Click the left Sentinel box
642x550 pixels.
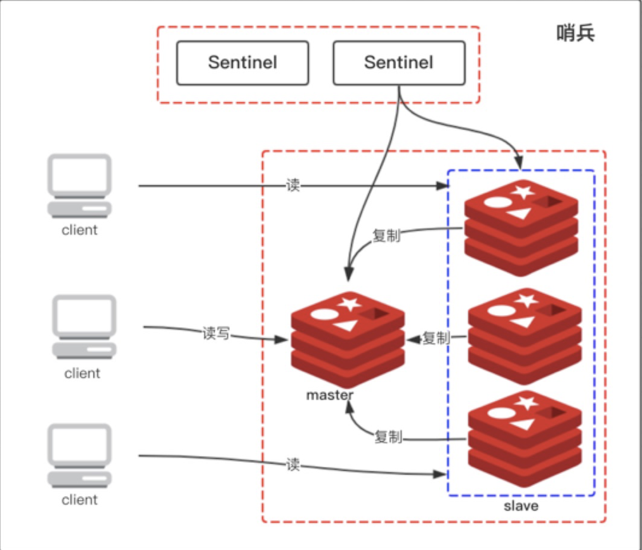[242, 63]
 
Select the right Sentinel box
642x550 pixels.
[398, 63]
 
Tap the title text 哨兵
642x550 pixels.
[575, 33]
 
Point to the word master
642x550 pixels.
[329, 395]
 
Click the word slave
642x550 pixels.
[521, 506]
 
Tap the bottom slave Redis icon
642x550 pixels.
[524, 439]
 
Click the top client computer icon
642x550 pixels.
[80, 185]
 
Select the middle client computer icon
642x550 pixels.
[83, 327]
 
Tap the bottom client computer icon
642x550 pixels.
[80, 455]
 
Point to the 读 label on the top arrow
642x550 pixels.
[292, 185]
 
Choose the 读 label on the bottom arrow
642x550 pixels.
[292, 465]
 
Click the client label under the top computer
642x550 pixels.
[80, 230]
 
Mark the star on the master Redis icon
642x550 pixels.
[349, 304]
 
